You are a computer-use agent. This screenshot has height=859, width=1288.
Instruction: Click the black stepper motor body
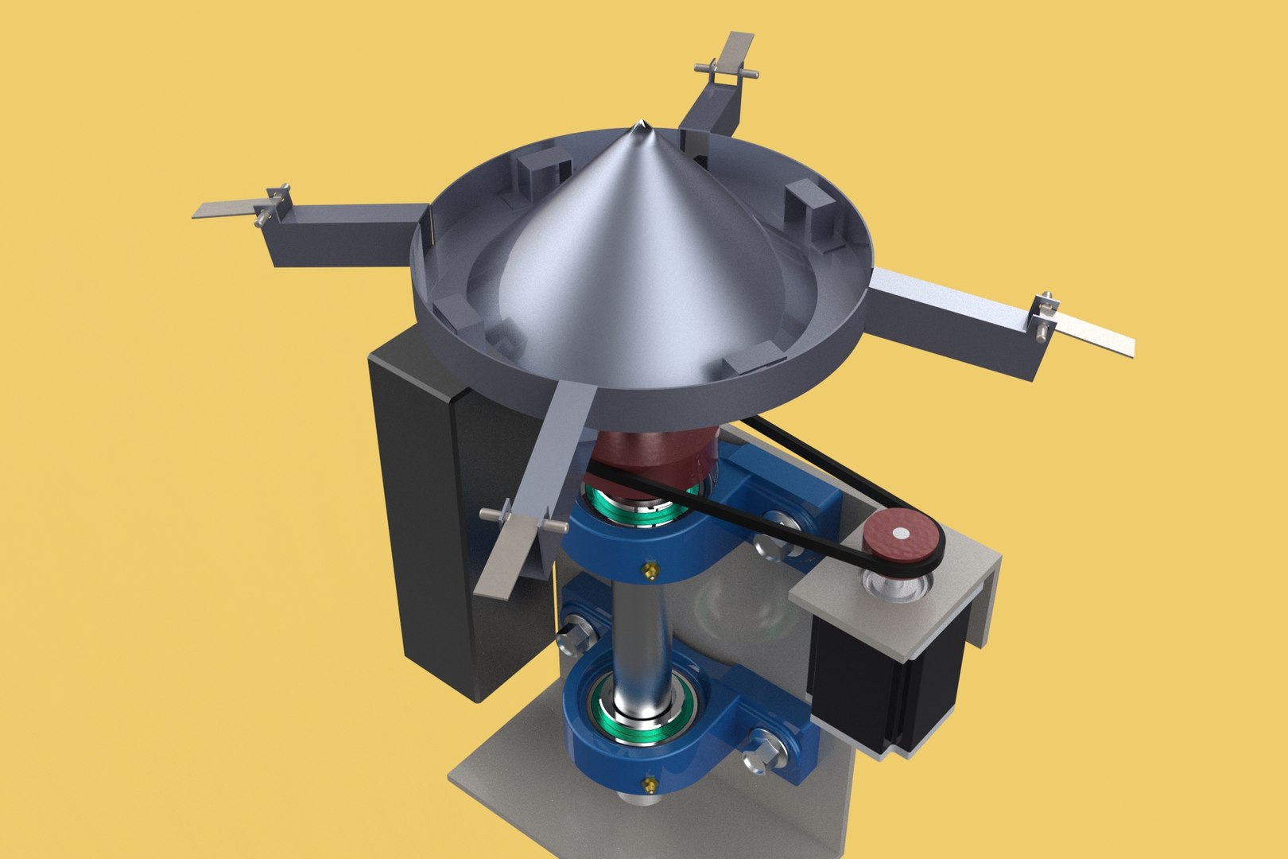pyautogui.click(x=883, y=684)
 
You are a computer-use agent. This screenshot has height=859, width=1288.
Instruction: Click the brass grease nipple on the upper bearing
pyautogui.click(x=650, y=569)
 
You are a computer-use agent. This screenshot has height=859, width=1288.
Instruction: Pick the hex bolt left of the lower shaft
pyautogui.click(x=576, y=632)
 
